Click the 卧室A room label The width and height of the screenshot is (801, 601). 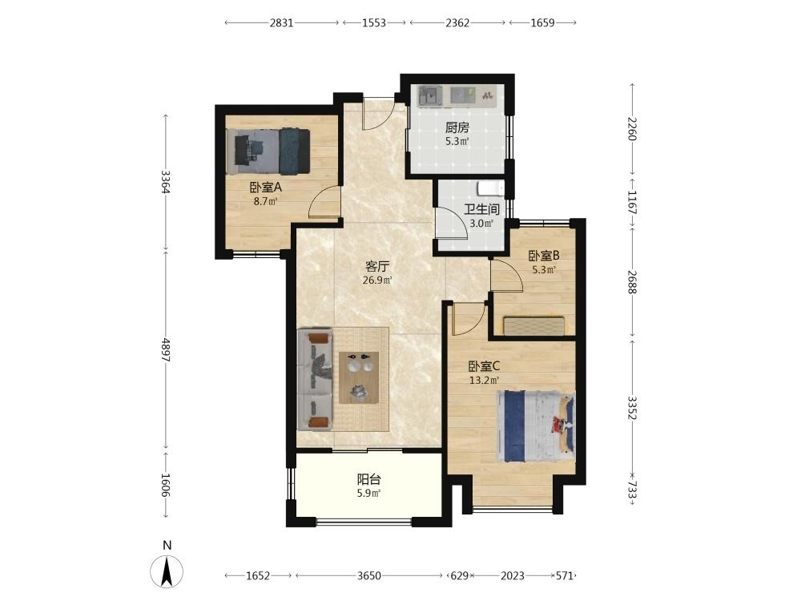tap(266, 188)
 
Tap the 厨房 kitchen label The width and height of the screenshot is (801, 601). tap(457, 127)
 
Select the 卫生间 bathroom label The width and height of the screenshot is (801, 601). tap(481, 209)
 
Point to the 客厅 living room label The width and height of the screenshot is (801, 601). tap(377, 266)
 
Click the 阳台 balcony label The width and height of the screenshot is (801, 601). tap(368, 479)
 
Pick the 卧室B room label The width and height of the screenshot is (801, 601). tap(544, 255)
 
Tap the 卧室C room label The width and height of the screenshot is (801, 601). tap(485, 366)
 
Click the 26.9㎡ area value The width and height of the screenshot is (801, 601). tap(377, 280)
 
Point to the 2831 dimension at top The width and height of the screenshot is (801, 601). tap(281, 22)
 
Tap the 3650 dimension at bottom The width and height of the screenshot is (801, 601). tap(368, 576)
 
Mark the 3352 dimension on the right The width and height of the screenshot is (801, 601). tap(632, 408)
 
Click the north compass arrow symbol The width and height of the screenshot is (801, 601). tap(167, 571)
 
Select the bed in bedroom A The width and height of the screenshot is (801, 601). tap(268, 151)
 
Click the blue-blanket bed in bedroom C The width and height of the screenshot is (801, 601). tap(536, 426)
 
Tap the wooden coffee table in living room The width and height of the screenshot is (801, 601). tap(360, 377)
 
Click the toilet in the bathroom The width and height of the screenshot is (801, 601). tap(491, 188)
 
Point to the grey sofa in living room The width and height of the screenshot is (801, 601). tap(315, 379)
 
